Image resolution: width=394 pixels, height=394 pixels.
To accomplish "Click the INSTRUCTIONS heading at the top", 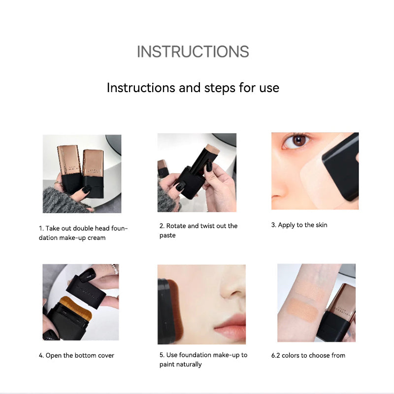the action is pos(193,52).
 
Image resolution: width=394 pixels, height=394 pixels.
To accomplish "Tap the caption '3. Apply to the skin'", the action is pos(299,225).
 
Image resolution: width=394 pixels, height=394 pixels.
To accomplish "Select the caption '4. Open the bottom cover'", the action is pos(76,355).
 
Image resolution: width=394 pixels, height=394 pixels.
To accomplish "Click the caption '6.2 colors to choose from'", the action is pos(308,355).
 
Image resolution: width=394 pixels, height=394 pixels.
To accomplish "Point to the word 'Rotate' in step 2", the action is pos(176,226).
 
